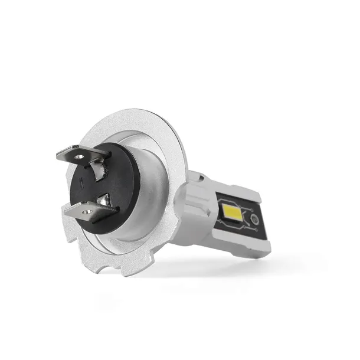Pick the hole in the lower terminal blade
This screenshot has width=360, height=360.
[87, 211]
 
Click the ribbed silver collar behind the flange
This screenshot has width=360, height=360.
[195, 204]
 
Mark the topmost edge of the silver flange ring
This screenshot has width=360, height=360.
[127, 110]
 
